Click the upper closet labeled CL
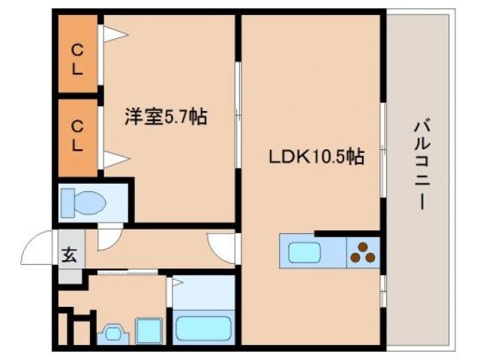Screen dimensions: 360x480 tap(77, 56)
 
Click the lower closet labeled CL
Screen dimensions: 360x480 tap(77, 136)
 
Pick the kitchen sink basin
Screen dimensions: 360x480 tap(304, 253)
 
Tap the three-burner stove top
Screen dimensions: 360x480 tap(363, 253)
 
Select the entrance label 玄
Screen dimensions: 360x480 tap(68, 255)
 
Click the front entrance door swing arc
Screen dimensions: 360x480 tap(37, 249)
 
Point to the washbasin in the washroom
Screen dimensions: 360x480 tap(113, 332)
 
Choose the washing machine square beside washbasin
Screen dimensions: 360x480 tap(148, 330)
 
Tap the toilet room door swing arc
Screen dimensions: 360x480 tap(109, 235)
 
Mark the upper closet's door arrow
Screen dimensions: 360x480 tap(114, 34)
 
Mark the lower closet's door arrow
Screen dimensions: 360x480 tap(114, 159)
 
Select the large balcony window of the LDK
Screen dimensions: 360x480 tap(382, 150)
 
